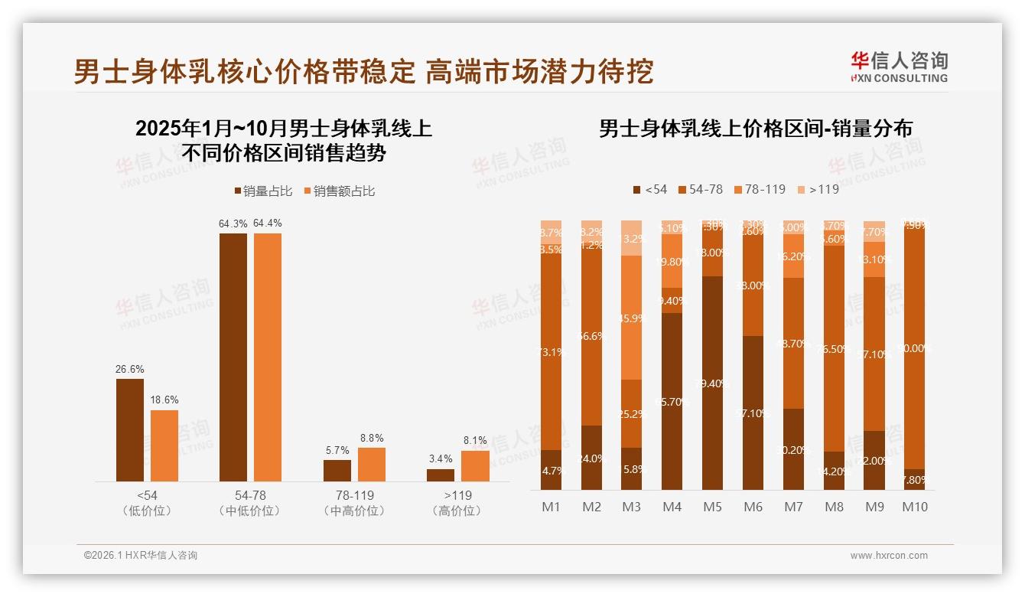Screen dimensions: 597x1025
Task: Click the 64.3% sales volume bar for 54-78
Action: pos(233,357)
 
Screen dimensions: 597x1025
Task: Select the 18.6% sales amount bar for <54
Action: pos(164,445)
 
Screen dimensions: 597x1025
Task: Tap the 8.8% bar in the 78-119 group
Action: pos(372,464)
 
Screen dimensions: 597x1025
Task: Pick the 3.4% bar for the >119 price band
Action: pos(441,475)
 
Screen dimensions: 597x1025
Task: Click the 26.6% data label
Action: pos(129,370)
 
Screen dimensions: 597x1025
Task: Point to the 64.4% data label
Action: pos(268,223)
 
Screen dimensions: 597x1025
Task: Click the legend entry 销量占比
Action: pos(262,191)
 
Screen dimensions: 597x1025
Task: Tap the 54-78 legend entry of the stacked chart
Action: pos(699,189)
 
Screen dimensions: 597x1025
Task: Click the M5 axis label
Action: pos(712,507)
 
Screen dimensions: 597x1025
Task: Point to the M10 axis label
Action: pos(915,507)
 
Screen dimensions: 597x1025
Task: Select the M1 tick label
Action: pos(551,507)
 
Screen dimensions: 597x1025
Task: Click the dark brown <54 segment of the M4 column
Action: pos(672,401)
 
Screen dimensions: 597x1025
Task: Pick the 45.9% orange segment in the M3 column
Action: pos(631,318)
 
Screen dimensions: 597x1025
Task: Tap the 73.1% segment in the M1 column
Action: pos(551,352)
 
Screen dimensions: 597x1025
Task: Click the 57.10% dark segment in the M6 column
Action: pos(753,413)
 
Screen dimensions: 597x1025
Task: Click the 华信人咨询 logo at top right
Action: pos(899,67)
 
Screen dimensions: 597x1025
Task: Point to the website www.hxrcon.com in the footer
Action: pos(888,556)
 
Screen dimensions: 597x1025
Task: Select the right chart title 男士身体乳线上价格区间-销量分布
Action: pos(755,129)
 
